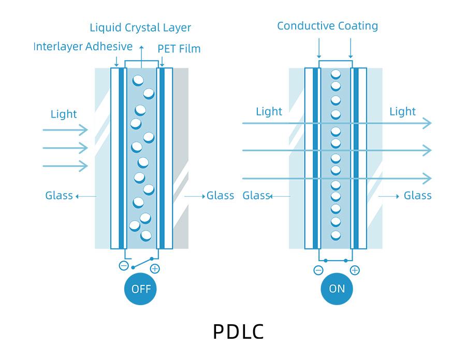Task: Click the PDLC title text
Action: point(238,332)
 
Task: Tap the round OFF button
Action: point(140,289)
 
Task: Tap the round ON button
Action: point(337,289)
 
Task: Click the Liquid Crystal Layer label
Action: point(140,27)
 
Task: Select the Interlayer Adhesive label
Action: point(83,47)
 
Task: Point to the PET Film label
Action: point(179,49)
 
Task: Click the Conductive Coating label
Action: point(327,26)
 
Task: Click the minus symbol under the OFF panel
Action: point(124,266)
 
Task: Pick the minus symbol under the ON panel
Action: point(318,270)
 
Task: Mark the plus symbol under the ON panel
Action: point(355,270)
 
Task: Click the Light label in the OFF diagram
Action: point(64,114)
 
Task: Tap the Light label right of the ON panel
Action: point(402,111)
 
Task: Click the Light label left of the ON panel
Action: point(269,111)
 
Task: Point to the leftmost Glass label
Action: point(59,196)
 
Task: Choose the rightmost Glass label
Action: point(417,196)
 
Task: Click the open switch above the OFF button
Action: point(141,262)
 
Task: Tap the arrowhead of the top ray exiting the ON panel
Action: point(427,123)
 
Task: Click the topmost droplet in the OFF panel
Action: point(138,80)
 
